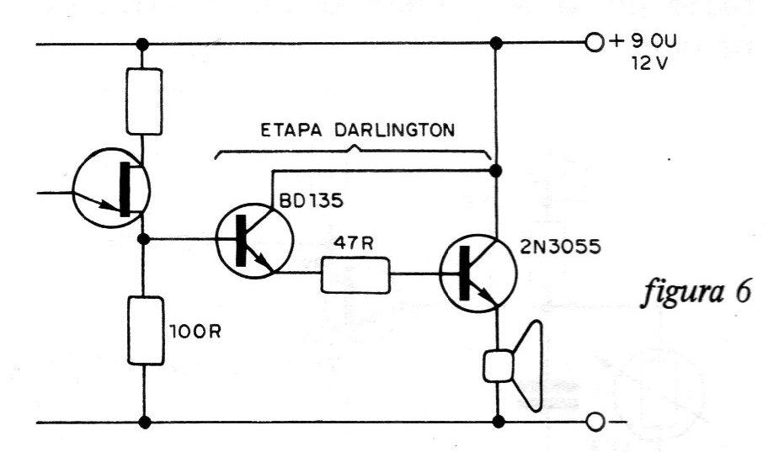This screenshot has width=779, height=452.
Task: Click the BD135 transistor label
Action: coord(311,201)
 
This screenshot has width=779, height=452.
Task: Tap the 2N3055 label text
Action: coord(560,247)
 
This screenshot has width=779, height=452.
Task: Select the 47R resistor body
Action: coord(355,274)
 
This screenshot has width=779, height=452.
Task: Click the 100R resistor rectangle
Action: coord(145,330)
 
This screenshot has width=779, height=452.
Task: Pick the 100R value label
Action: coord(195,332)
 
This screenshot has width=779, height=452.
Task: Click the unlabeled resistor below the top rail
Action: coord(144,101)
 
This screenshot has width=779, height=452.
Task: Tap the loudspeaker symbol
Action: coord(513,366)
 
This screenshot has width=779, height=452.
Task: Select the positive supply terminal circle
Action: coord(595,43)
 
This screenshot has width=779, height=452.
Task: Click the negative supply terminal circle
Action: coord(595,423)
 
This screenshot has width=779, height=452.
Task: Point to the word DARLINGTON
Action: coord(394,130)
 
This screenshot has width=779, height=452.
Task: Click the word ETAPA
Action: coord(291,130)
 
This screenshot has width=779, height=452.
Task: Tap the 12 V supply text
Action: coord(648,64)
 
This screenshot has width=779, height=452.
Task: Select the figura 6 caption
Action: coord(696,292)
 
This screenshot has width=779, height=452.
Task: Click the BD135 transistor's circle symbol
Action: coord(255,241)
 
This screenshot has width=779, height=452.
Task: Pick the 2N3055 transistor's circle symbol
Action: coord(478,274)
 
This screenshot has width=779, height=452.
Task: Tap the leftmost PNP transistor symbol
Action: coord(111,188)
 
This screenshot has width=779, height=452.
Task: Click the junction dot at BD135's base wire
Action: coord(143,239)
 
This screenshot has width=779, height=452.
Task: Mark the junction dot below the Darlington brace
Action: coord(495,172)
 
